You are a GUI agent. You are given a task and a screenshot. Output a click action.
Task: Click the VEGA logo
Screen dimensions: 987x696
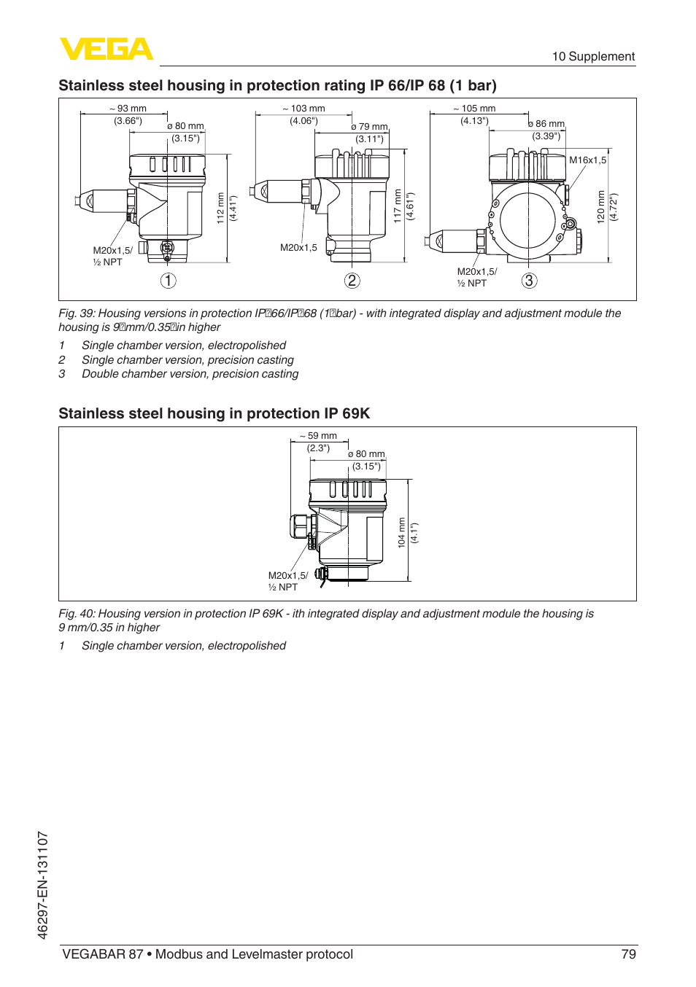click(x=106, y=49)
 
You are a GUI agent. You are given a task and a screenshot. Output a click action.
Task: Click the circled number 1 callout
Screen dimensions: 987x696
click(x=169, y=281)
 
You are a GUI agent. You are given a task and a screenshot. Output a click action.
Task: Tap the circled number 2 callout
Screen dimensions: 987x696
click(x=352, y=281)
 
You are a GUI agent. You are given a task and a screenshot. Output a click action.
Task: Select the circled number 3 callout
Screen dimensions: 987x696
click(x=530, y=281)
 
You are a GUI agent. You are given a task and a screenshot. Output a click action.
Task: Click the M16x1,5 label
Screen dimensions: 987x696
click(x=587, y=160)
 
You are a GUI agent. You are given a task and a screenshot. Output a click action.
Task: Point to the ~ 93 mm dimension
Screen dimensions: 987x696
click(x=128, y=109)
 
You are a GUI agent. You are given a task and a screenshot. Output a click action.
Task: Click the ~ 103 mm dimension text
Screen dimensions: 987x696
click(x=303, y=109)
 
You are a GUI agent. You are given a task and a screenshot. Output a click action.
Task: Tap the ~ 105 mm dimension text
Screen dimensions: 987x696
click(x=474, y=109)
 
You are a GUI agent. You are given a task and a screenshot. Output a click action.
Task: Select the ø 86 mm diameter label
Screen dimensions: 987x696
click(x=546, y=124)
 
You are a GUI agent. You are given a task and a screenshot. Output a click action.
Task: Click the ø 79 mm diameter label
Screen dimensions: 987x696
click(x=369, y=127)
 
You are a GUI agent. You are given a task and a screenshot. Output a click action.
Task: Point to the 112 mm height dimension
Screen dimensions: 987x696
click(x=220, y=208)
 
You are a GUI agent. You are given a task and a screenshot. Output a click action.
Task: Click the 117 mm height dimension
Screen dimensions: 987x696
click(x=398, y=206)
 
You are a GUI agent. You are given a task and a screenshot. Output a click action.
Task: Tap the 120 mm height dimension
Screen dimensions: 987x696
click(x=601, y=207)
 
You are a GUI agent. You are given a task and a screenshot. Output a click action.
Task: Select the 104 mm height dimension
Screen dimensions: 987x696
click(x=401, y=532)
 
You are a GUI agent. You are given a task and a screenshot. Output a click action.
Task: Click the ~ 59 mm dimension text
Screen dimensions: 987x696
click(x=318, y=436)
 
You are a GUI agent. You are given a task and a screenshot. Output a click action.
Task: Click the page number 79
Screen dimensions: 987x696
click(x=628, y=954)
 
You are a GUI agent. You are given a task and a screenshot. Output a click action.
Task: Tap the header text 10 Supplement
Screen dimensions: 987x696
click(x=593, y=57)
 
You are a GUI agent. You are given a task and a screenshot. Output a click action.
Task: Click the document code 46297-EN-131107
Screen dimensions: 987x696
click(x=43, y=885)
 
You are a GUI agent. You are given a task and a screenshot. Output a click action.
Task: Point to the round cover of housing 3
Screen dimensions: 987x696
click(x=528, y=220)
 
